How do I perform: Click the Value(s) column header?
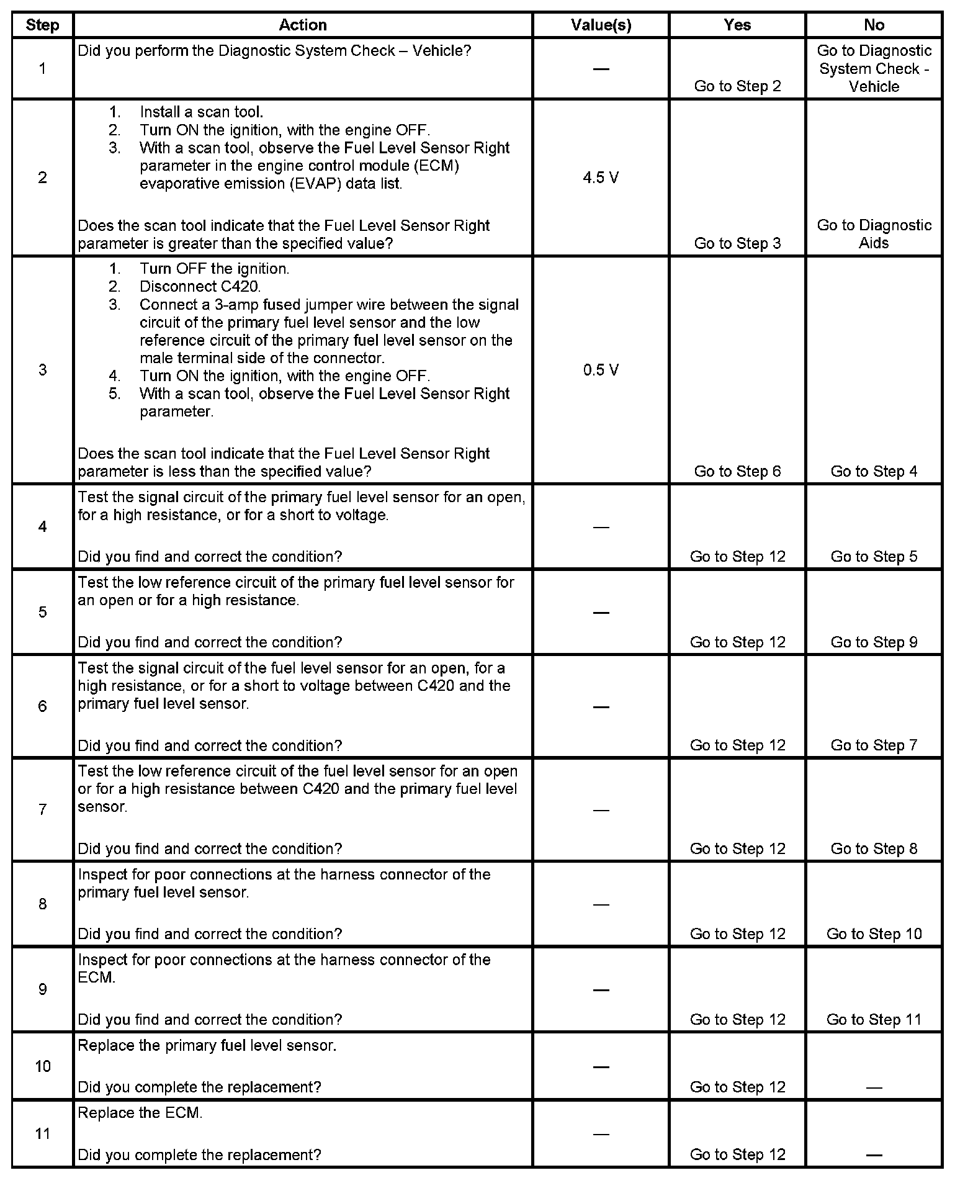point(600,25)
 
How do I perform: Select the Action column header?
point(302,25)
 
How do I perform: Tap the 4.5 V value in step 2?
point(600,178)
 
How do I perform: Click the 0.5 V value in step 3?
point(600,370)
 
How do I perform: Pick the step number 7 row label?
point(42,809)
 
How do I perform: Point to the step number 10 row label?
point(42,1066)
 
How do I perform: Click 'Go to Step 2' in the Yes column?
point(737,86)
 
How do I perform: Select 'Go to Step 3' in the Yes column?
point(737,243)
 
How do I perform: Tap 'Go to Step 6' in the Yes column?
point(737,471)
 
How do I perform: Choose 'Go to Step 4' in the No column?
point(874,471)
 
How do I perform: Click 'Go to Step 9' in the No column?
point(874,642)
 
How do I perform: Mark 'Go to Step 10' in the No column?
point(874,933)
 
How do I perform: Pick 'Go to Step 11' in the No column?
point(874,1019)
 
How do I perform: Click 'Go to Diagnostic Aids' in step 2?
point(874,234)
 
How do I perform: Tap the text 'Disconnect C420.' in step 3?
point(200,287)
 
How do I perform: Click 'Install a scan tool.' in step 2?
point(201,112)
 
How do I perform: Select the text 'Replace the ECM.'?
point(140,1113)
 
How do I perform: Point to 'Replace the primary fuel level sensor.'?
point(207,1045)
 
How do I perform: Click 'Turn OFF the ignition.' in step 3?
point(214,269)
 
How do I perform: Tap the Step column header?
point(42,25)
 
